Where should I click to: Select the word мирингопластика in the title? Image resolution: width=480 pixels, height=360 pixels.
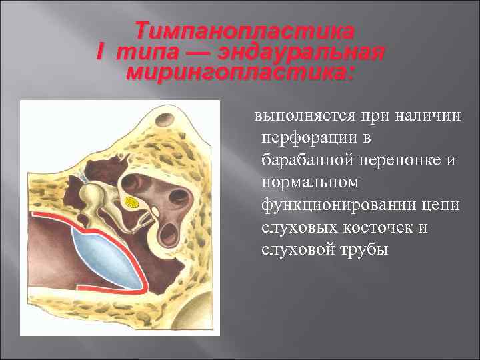click(241, 72)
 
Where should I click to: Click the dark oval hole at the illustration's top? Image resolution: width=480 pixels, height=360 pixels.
click(163, 121)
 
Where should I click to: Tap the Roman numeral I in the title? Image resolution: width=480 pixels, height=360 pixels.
click(103, 52)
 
